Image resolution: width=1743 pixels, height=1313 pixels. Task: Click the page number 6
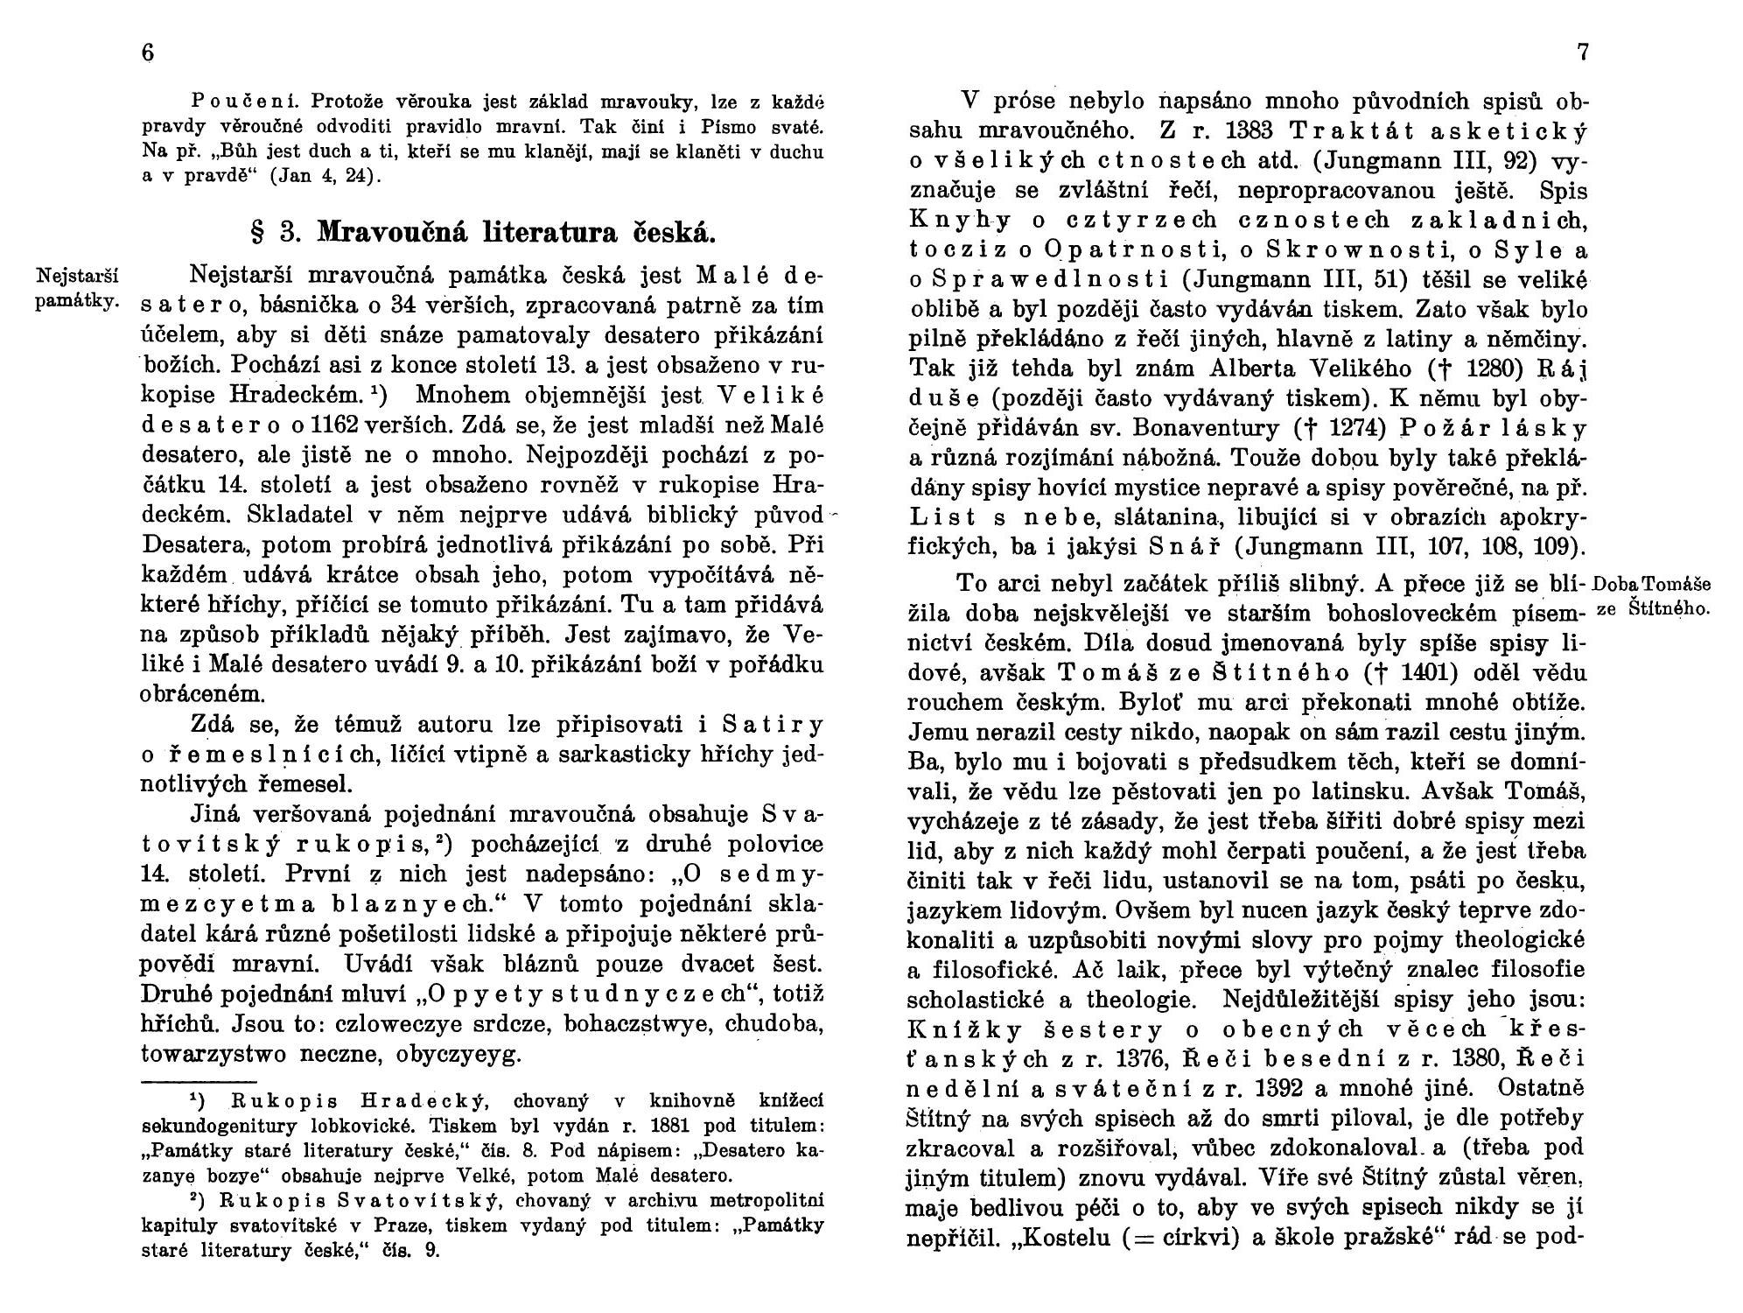point(148,53)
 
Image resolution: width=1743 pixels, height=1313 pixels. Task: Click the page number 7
point(1581,53)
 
